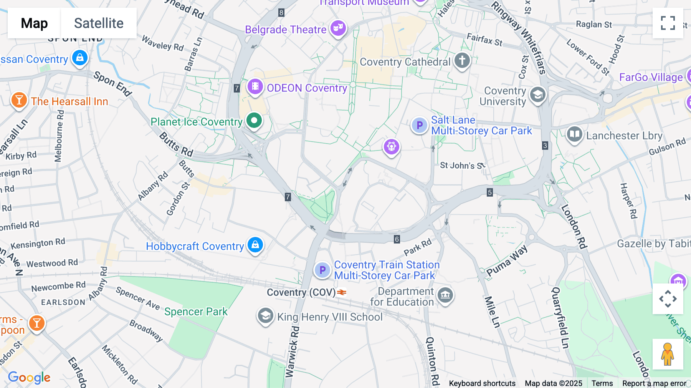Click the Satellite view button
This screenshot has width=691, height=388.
pyautogui.click(x=99, y=23)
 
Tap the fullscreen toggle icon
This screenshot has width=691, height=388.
pyautogui.click(x=668, y=23)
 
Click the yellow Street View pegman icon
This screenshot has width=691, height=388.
pyautogui.click(x=668, y=354)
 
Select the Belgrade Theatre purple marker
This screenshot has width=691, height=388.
pyautogui.click(x=338, y=28)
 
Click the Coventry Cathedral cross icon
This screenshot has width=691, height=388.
pyautogui.click(x=462, y=60)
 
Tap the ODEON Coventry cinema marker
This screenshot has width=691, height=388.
pyautogui.click(x=255, y=86)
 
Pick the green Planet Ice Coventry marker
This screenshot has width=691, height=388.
pyautogui.click(x=254, y=121)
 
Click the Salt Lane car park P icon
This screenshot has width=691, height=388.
pyautogui.click(x=419, y=125)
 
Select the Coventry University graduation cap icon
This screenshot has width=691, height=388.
pyautogui.click(x=537, y=95)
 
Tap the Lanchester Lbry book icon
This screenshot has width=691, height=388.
pyautogui.click(x=574, y=134)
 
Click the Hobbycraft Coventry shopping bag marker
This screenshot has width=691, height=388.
pyautogui.click(x=255, y=245)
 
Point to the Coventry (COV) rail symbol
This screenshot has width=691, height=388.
pyautogui.click(x=342, y=292)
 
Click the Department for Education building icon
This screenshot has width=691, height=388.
pyautogui.click(x=445, y=295)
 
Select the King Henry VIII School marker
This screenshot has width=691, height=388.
pyautogui.click(x=265, y=316)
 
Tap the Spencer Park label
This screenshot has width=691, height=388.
pyautogui.click(x=196, y=312)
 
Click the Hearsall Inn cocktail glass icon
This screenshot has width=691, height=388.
pyautogui.click(x=19, y=100)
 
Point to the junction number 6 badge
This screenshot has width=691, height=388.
pyautogui.click(x=397, y=239)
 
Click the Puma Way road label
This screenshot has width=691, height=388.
pyautogui.click(x=507, y=261)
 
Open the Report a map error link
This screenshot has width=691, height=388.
pyautogui.click(x=654, y=383)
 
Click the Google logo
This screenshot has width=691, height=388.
pyautogui.click(x=29, y=377)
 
